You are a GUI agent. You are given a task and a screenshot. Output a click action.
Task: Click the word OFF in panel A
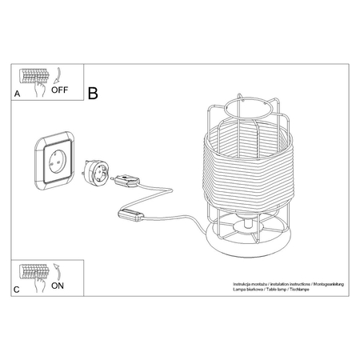60,90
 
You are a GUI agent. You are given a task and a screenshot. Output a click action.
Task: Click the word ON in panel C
58,286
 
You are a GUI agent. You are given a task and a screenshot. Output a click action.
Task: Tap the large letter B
93,93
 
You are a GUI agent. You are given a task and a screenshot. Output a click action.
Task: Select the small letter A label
17,94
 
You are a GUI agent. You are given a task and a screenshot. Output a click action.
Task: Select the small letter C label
17,290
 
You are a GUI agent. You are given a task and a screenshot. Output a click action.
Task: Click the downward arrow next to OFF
58,76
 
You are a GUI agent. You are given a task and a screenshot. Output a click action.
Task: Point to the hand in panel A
39,89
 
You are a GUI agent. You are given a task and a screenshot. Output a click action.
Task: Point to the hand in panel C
39,284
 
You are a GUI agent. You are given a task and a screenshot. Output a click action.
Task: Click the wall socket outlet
55,161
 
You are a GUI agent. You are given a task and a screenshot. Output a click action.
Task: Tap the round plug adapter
96,173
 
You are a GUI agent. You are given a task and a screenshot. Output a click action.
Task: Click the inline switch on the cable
130,215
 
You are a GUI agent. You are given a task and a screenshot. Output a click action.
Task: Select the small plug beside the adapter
126,180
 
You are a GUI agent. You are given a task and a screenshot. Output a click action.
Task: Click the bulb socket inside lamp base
248,223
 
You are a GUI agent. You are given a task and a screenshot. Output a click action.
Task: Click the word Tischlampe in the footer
300,290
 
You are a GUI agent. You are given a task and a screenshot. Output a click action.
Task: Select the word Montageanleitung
329,284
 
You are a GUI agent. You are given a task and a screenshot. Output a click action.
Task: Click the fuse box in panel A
34,76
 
